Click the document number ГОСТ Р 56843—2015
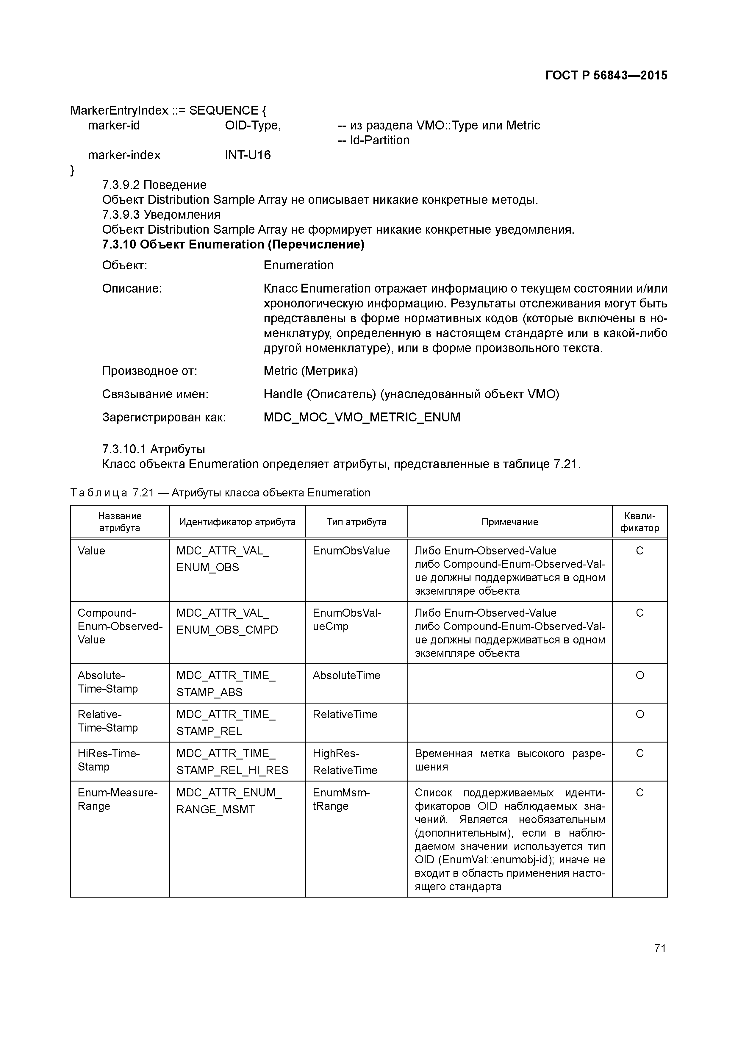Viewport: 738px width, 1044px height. pyautogui.click(x=606, y=76)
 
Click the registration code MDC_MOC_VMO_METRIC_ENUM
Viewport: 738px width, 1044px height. pyautogui.click(x=362, y=417)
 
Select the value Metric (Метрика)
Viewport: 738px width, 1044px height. pyautogui.click(x=311, y=371)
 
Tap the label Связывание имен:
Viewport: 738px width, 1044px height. pyautogui.click(x=155, y=394)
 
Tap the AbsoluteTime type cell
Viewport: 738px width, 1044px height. pyautogui.click(x=346, y=675)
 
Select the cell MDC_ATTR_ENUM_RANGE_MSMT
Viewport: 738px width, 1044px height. pyautogui.click(x=229, y=801)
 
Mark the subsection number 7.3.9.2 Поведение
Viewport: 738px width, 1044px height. pyautogui.click(x=154, y=185)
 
